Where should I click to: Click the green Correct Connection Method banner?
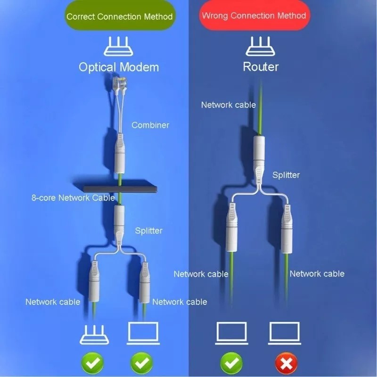(119, 16)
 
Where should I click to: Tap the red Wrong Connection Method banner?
(254, 15)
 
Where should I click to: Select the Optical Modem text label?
(119, 67)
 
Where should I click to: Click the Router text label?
(261, 66)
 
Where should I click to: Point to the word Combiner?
(150, 125)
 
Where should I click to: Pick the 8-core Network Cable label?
(73, 197)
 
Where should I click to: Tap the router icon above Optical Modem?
(119, 46)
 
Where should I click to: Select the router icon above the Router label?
(261, 46)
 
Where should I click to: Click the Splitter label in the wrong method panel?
(286, 175)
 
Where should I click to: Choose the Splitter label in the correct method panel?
(148, 230)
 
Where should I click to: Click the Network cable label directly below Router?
(228, 105)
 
